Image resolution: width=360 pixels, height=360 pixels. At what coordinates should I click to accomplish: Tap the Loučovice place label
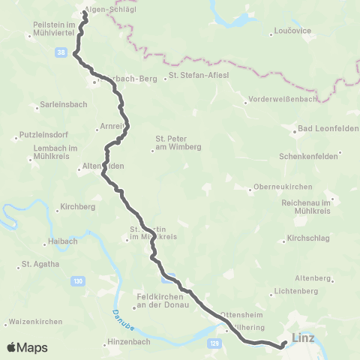291,33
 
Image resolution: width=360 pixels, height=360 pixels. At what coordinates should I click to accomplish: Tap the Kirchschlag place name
308,240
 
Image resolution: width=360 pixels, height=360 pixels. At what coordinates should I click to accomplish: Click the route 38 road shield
59,52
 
